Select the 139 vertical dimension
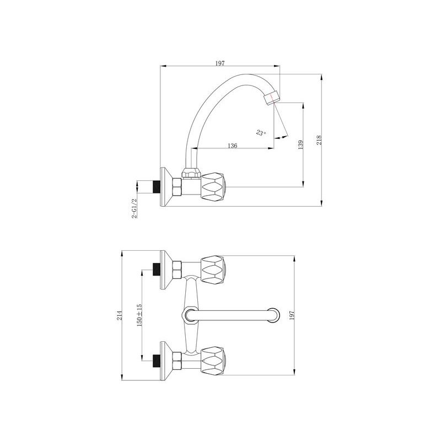click(x=300, y=144)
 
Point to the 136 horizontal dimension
click(x=232, y=146)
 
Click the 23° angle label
click(x=261, y=132)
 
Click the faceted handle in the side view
click(x=212, y=187)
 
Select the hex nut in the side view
click(x=177, y=187)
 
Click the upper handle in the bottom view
click(x=212, y=270)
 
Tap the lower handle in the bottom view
click(x=212, y=359)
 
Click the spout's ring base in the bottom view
click(x=189, y=315)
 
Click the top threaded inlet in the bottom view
click(x=157, y=270)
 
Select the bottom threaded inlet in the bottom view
click(x=157, y=359)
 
